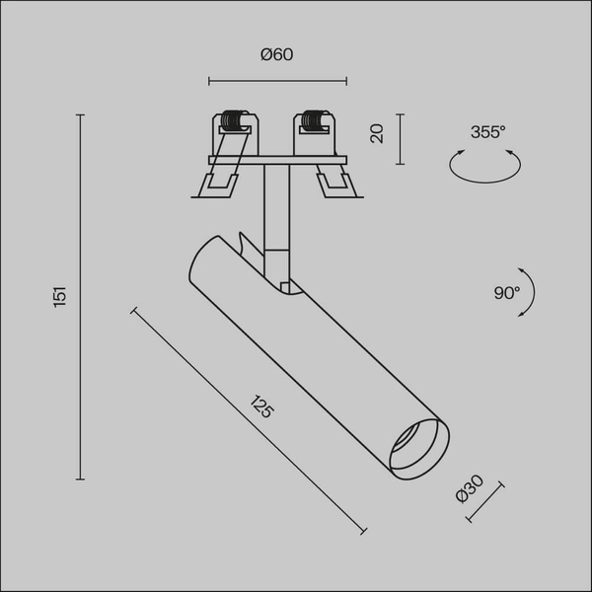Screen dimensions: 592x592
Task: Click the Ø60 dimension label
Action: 277,56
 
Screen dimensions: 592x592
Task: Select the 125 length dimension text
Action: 259,406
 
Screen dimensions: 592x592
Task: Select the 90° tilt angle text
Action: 506,293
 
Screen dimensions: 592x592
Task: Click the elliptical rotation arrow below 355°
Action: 484,165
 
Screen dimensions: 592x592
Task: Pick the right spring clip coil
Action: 314,121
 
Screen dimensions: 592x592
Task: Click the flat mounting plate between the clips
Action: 277,159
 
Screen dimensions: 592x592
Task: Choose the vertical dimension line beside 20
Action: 401,138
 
